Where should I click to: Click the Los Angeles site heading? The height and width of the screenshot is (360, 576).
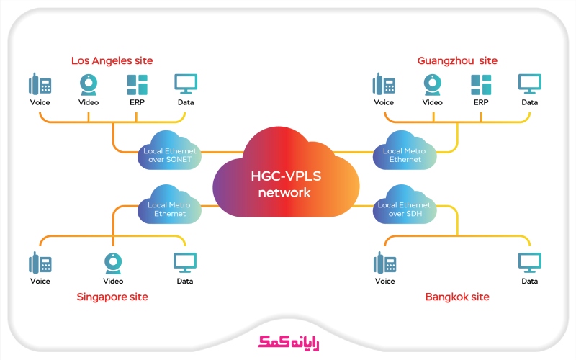(x=112, y=60)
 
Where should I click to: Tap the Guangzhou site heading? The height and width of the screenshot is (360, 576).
(x=457, y=60)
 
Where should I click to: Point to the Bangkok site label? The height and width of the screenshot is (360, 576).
(x=457, y=297)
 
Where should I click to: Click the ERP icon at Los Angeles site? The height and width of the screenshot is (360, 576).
(x=138, y=84)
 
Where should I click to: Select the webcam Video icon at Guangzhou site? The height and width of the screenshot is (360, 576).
(x=432, y=85)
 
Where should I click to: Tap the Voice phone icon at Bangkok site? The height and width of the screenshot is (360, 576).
(x=384, y=264)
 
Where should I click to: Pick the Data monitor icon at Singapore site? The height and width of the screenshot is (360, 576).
(x=186, y=263)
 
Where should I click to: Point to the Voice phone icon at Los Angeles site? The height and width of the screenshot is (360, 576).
(x=40, y=84)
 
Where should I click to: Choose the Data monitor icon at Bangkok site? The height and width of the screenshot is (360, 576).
(x=530, y=263)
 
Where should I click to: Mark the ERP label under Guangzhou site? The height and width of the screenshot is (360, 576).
(x=481, y=102)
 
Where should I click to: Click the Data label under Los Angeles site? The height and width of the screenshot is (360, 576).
(x=186, y=102)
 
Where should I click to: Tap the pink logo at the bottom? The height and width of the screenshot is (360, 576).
(x=288, y=341)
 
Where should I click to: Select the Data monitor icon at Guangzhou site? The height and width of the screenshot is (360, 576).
(x=530, y=84)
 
